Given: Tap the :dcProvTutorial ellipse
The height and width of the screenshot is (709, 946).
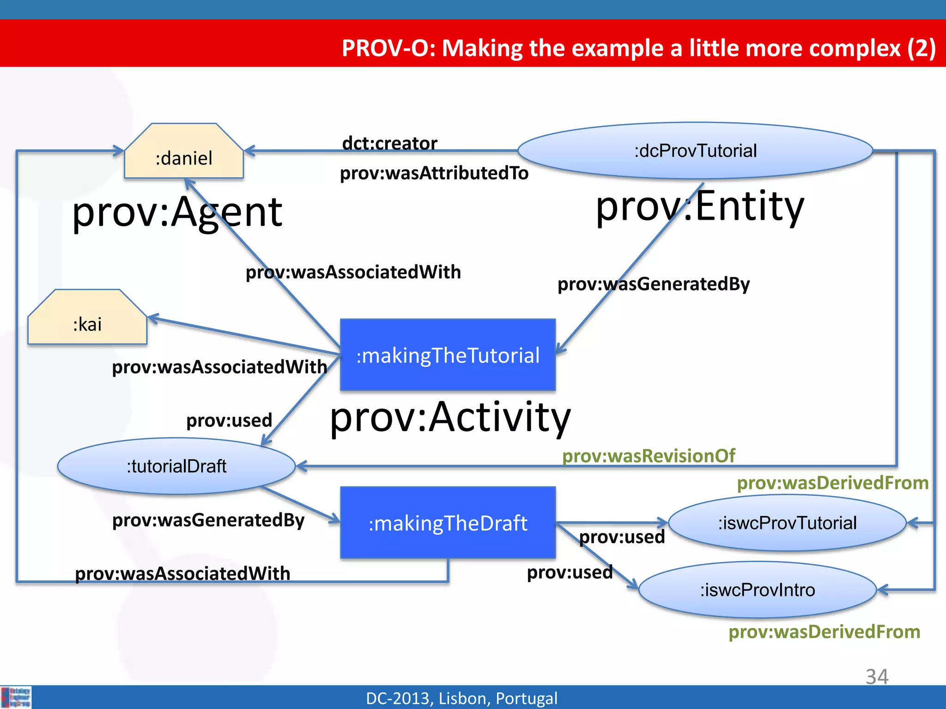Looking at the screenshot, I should click(695, 150).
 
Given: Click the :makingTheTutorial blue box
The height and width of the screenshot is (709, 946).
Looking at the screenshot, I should click(448, 355).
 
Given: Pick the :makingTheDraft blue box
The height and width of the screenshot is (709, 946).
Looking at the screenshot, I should click(448, 523).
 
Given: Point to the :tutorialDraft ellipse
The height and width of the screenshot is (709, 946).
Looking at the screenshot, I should click(176, 466).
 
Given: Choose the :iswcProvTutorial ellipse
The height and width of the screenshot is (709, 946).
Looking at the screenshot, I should click(787, 523).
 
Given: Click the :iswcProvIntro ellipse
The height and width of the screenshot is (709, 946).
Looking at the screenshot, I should click(758, 590).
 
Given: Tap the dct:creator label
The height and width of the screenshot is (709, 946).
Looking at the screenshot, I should click(389, 143).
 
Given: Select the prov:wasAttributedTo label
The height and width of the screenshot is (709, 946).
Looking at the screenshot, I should click(434, 173).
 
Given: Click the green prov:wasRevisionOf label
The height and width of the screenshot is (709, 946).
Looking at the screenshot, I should click(649, 456).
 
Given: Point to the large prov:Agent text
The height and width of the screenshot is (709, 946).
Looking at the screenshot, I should click(177, 212).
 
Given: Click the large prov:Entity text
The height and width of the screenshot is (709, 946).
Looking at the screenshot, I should click(700, 206).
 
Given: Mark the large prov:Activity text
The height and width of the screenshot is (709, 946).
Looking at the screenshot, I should click(450, 417).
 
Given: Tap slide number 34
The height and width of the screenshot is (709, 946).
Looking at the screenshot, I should click(877, 677).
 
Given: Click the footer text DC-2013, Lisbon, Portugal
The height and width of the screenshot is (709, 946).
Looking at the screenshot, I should click(461, 698).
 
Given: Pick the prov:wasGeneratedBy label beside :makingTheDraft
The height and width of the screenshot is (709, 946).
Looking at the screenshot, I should click(208, 520).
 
